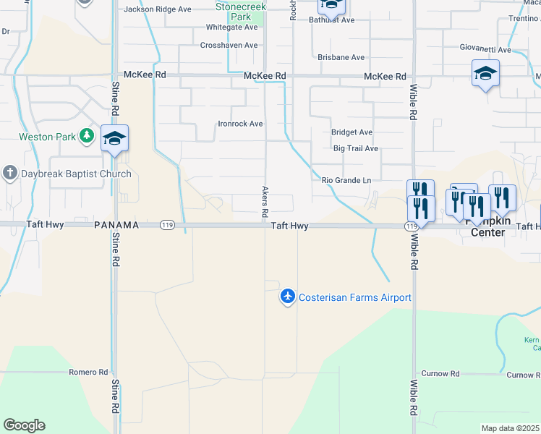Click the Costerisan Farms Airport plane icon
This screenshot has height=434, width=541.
tap(288, 297)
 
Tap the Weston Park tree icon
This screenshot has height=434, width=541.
tap(88, 136)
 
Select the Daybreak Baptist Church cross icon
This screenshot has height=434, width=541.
tap(9, 174)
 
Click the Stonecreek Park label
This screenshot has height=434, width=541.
tap(240, 11)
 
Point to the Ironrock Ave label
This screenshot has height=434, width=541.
tap(240, 124)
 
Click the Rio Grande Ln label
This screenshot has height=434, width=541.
tap(346, 180)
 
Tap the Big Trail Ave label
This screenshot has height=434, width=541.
tap(356, 148)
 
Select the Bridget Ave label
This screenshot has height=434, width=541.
tap(352, 132)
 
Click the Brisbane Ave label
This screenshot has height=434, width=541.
tap(341, 57)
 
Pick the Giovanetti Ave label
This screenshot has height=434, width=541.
tap(485, 50)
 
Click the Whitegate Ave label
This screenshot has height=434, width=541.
tap(232, 27)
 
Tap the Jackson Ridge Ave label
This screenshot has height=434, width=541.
tap(157, 9)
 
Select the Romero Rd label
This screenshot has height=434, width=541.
tap(88, 372)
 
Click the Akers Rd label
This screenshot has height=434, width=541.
tap(264, 202)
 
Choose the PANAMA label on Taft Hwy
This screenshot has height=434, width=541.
tap(116, 226)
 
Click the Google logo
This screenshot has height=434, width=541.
tap(24, 425)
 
